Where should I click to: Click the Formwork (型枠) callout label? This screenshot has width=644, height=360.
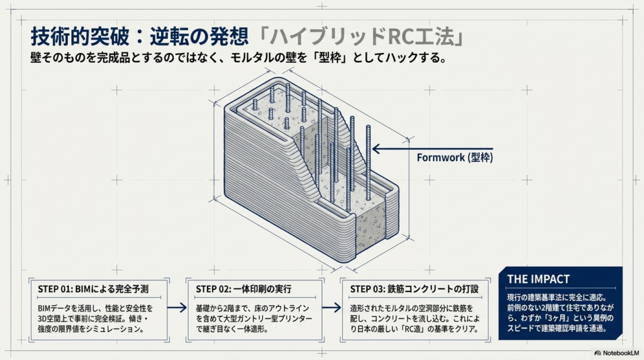(x=455, y=157)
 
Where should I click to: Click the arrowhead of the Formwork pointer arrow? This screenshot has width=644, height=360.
(x=375, y=149)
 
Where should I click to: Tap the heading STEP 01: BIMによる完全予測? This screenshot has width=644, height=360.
(x=93, y=289)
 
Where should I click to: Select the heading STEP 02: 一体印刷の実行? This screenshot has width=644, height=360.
(x=243, y=289)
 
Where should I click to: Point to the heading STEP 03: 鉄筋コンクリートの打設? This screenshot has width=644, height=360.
(x=414, y=289)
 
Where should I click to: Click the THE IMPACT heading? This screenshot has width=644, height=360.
(x=538, y=279)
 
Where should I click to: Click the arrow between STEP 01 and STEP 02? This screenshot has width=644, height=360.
(x=177, y=307)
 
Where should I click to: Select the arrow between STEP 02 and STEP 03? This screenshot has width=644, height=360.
(x=331, y=307)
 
